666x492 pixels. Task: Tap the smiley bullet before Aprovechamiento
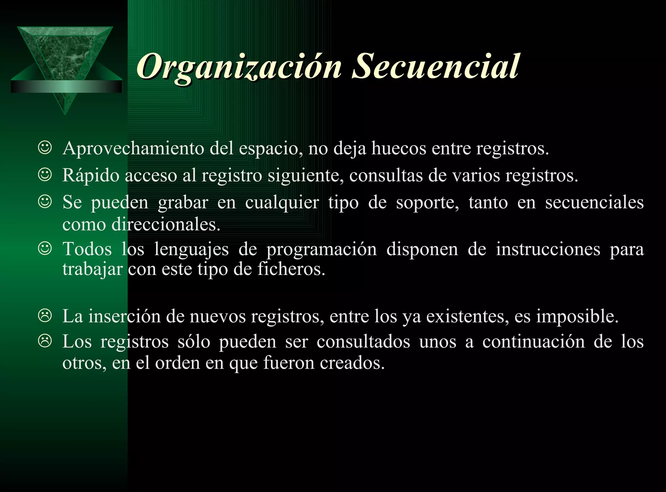pyautogui.click(x=45, y=148)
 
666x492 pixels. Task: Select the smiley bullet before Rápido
pyautogui.click(x=45, y=175)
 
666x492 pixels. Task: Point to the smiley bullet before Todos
pyautogui.click(x=45, y=249)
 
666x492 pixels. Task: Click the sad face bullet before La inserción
pyautogui.click(x=45, y=316)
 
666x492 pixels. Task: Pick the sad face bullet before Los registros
pyautogui.click(x=45, y=341)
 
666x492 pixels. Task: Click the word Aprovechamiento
pyautogui.click(x=133, y=148)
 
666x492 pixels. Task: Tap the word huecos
pyautogui.click(x=399, y=148)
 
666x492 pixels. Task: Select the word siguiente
pyautogui.click(x=306, y=176)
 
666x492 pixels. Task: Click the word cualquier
pyautogui.click(x=282, y=203)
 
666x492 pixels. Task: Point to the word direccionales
pyautogui.click(x=166, y=225)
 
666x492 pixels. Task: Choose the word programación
pyautogui.click(x=322, y=250)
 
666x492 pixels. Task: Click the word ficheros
pyautogui.click(x=291, y=269)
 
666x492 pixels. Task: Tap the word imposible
pyautogui.click(x=577, y=316)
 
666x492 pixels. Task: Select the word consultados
pyautogui.click(x=363, y=342)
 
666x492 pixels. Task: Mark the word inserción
pyautogui.click(x=125, y=316)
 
